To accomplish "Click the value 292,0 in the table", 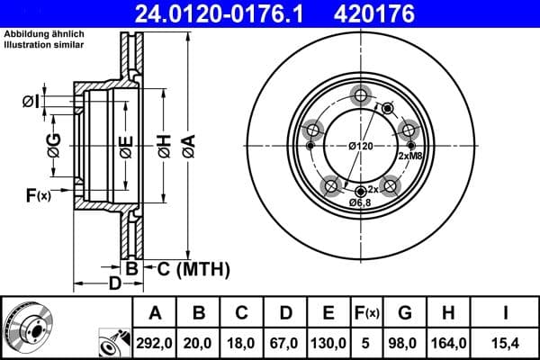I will [x=155, y=342].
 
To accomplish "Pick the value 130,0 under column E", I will [x=328, y=342].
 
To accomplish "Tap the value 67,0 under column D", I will [x=285, y=342].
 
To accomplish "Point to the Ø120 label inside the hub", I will [x=361, y=147].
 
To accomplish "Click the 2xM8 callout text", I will [x=410, y=157].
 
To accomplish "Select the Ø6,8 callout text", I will [x=361, y=202].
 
